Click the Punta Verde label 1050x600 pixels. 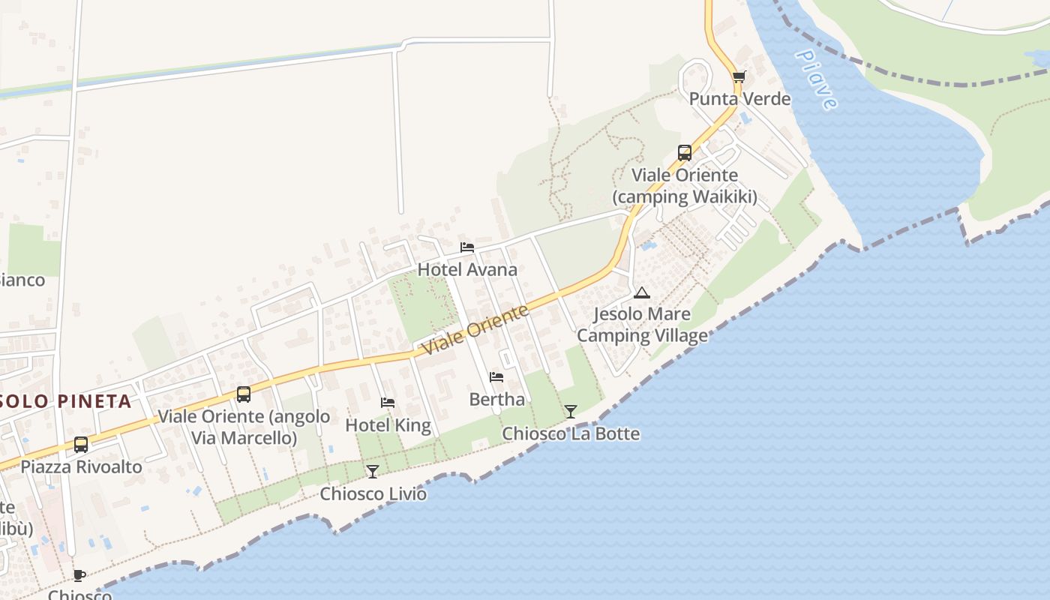[739, 99]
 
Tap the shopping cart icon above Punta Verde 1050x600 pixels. [739, 76]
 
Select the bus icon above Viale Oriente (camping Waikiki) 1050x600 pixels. [685, 153]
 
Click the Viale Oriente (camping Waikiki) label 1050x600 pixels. [685, 186]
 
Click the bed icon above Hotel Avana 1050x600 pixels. [467, 247]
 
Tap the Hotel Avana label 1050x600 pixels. [467, 269]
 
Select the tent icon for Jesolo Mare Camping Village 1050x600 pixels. [641, 292]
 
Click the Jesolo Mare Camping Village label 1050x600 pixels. [642, 324]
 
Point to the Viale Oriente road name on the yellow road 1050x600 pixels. [475, 331]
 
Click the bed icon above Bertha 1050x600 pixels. [496, 377]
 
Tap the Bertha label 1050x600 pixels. [496, 399]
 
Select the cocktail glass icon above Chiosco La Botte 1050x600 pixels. [571, 411]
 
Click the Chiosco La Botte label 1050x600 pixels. [571, 433]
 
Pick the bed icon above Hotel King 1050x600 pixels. [388, 403]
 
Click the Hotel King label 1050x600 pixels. [388, 425]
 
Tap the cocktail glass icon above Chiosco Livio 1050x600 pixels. [373, 471]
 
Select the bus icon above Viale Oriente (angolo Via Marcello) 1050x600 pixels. [244, 394]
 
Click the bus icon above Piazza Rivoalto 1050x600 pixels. [81, 445]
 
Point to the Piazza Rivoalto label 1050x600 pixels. [81, 466]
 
